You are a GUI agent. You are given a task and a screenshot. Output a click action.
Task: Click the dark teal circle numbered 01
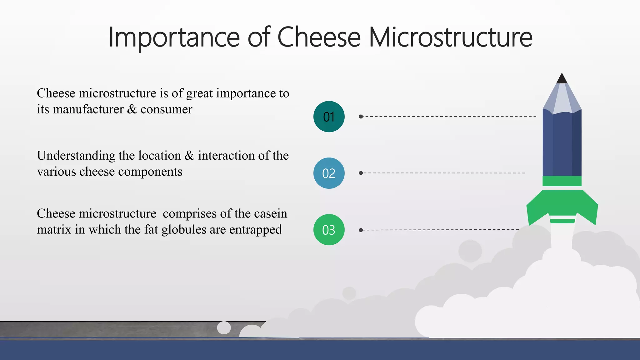coord(329,117)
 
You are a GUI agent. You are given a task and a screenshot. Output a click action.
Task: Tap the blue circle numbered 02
coord(329,173)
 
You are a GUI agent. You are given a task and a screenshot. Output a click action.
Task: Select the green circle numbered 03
coord(329,230)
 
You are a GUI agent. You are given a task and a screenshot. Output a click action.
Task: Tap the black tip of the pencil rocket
coord(562,79)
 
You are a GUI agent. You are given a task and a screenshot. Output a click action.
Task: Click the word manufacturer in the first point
coord(88,109)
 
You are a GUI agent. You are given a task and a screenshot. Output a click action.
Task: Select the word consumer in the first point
coord(166,109)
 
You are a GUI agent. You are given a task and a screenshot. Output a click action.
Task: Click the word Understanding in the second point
coord(76,156)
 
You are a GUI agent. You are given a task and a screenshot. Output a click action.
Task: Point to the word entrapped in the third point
coord(255,230)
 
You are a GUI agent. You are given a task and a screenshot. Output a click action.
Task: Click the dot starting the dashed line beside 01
coord(361,117)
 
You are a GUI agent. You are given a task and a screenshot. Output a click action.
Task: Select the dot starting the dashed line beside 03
coord(361,230)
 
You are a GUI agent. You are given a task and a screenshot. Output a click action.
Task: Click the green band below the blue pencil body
coord(562,181)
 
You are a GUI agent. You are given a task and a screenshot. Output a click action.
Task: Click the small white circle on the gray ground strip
coord(224,327)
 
